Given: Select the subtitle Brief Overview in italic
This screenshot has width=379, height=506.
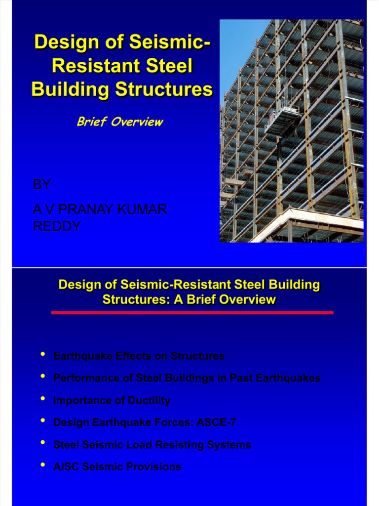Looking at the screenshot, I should (x=119, y=122).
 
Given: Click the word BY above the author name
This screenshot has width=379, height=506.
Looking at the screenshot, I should (x=41, y=185).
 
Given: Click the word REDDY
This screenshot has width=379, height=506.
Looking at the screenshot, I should (x=57, y=227).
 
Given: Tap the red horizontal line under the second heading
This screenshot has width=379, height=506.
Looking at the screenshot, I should (x=192, y=313).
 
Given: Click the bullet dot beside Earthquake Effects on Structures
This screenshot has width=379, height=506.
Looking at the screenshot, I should (x=43, y=355).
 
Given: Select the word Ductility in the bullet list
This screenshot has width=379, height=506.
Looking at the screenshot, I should (x=148, y=400).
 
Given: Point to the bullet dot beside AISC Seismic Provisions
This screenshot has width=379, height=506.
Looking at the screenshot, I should (x=43, y=465).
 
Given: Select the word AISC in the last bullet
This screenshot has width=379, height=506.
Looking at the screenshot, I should (x=66, y=466).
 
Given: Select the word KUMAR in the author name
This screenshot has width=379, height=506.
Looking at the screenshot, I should (x=144, y=210).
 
